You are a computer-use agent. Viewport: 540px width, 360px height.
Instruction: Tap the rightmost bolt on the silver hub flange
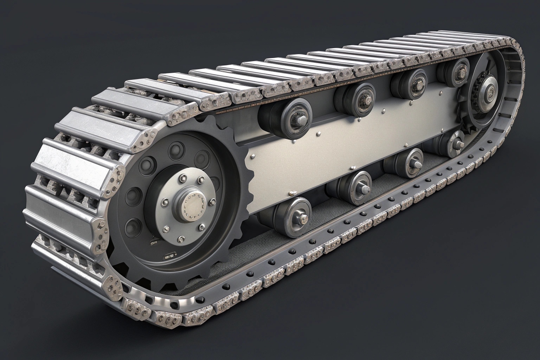[x=213, y=202]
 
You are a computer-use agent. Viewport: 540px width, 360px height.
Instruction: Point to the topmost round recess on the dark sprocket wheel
[x=175, y=150]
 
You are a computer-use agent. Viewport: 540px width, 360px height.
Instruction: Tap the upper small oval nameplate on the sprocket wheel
[x=154, y=243]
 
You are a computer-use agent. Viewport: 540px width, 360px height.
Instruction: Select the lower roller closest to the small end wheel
[x=455, y=144]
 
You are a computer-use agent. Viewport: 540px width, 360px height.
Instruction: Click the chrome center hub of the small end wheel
[x=489, y=90]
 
